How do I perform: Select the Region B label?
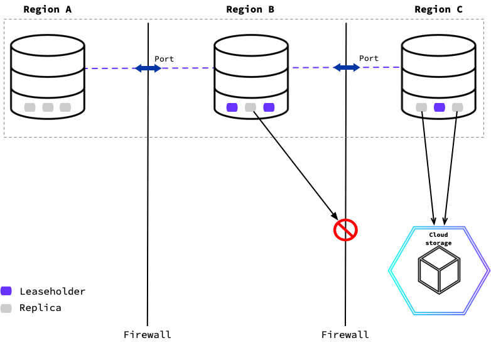pyautogui.click(x=250, y=9)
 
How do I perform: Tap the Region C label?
pyautogui.click(x=438, y=9)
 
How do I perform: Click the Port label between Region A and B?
pyautogui.click(x=165, y=59)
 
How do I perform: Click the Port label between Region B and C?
pyautogui.click(x=369, y=58)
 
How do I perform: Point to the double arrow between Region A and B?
pyautogui.click(x=148, y=68)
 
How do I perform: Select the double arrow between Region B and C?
pyautogui.click(x=347, y=67)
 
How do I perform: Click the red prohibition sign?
pyautogui.click(x=345, y=230)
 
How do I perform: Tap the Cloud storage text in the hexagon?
pyautogui.click(x=438, y=239)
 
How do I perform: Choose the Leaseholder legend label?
pyautogui.click(x=52, y=291)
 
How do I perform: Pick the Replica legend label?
pyautogui.click(x=40, y=308)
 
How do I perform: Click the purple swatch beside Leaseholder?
pyautogui.click(x=6, y=291)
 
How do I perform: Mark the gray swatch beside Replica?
pyautogui.click(x=6, y=308)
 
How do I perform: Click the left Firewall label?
pyautogui.click(x=148, y=334)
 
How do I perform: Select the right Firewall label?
pyautogui.click(x=345, y=334)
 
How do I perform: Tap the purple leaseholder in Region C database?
pyautogui.click(x=440, y=107)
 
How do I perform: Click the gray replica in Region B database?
pyautogui.click(x=251, y=107)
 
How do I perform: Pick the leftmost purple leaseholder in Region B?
pyautogui.click(x=232, y=107)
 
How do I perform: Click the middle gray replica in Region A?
pyautogui.click(x=48, y=107)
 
